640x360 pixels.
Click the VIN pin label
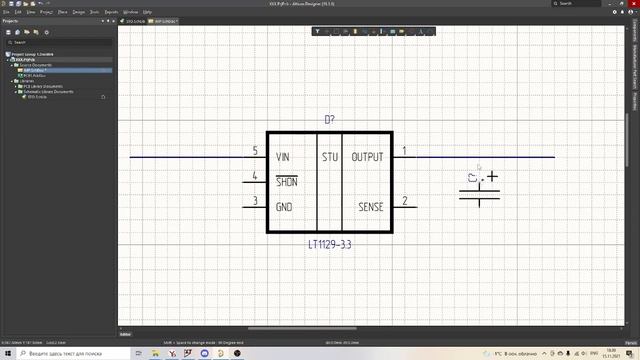pos(283,157)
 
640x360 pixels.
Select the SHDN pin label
pos(285,182)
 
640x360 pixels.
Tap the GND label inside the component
pos(284,207)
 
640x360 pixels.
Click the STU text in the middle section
pos(330,157)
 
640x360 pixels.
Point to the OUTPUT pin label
pos(367,157)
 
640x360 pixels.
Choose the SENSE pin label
pos(370,207)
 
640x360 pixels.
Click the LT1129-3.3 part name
pos(329,243)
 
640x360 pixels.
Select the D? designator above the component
pos(329,120)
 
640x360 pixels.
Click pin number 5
pos(255,151)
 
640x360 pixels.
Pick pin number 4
pos(255,176)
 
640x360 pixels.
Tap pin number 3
pos(255,201)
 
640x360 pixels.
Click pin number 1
pos(404,151)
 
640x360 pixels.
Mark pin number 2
pos(404,201)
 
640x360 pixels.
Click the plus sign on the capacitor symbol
pos(492,178)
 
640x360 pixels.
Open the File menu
pos(6,12)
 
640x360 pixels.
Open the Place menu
pos(62,12)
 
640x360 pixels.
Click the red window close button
pos(629,4)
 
